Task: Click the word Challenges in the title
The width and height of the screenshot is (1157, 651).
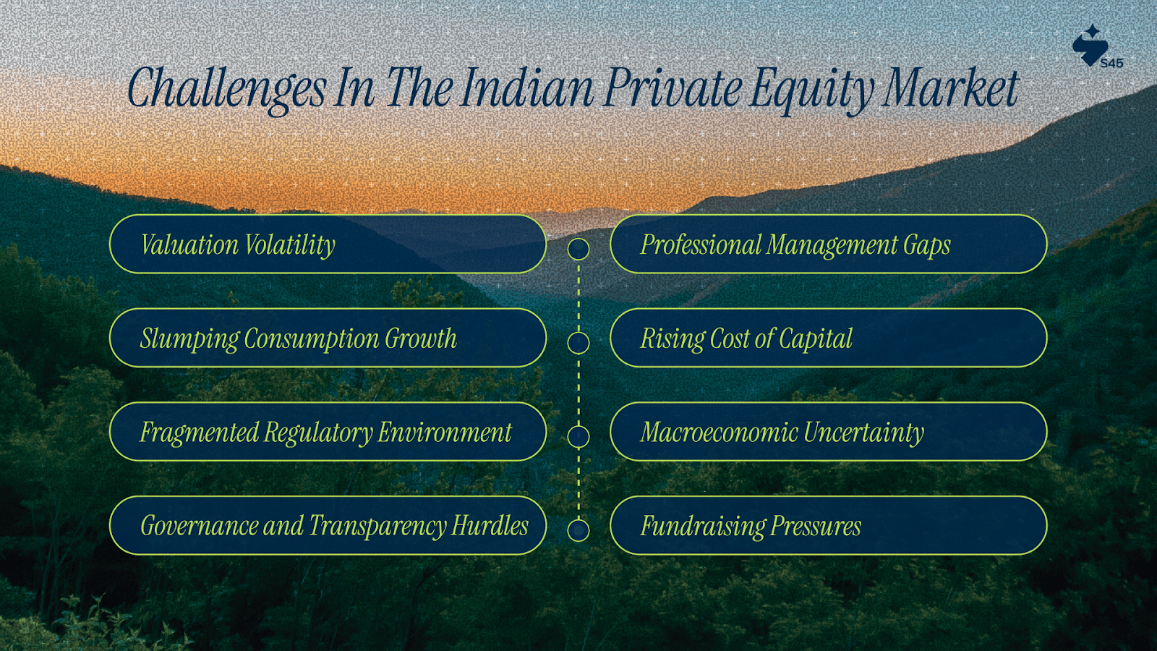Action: [227, 90]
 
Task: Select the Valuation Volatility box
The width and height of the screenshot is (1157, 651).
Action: [328, 244]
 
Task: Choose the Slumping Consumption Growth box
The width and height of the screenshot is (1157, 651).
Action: [328, 338]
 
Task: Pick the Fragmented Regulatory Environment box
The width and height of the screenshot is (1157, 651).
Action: [328, 431]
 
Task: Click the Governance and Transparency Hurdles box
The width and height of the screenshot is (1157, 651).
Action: [328, 525]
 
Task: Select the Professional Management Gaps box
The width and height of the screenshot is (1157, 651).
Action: [829, 244]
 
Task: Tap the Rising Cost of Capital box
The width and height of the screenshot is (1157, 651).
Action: [829, 338]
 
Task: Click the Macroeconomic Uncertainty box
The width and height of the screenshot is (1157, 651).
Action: [829, 431]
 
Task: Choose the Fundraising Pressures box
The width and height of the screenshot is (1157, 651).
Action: [829, 525]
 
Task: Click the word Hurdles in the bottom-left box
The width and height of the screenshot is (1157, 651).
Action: [490, 525]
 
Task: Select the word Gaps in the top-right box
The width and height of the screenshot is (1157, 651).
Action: [926, 246]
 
